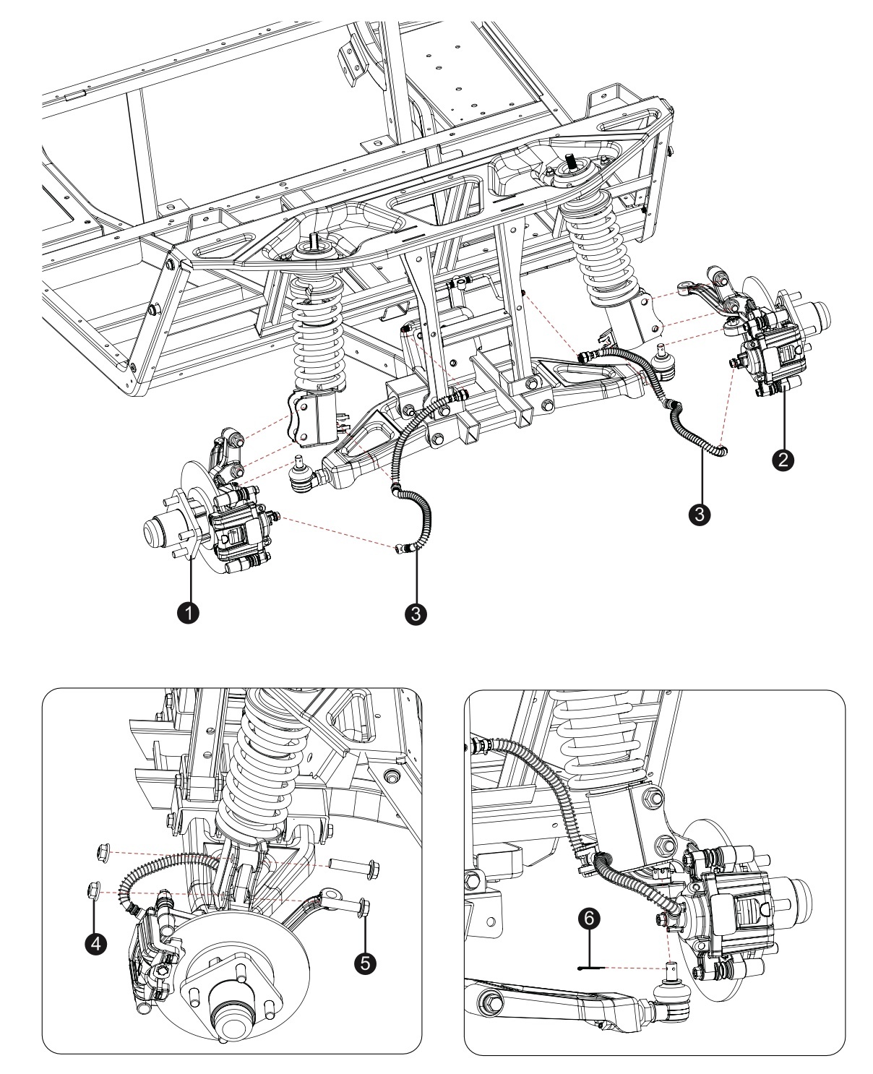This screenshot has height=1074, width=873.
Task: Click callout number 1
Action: coord(189,613)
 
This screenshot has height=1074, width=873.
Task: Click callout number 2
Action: coord(783,460)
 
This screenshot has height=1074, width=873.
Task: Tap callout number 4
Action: coord(96,943)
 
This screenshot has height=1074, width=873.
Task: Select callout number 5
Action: coord(365,963)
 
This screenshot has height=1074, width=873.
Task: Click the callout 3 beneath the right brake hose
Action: coord(699,515)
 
